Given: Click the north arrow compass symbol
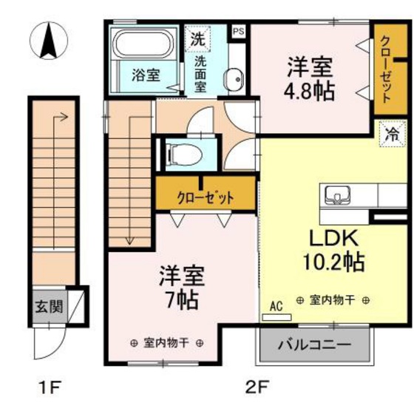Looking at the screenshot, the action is tap(49, 41).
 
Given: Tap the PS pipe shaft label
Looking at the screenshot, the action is tap(239, 31).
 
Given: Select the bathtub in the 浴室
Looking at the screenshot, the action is tap(143, 44).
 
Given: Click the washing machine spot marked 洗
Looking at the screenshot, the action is tap(198, 39).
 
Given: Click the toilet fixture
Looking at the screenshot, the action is tap(185, 155).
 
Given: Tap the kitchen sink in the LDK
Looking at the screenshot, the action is tap(337, 195).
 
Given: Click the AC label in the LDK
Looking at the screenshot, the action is tap(276, 306).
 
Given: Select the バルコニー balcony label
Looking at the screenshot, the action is tap(315, 345).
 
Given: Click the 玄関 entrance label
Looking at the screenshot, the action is tap(50, 307).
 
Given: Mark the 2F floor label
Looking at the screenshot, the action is tap(257, 387).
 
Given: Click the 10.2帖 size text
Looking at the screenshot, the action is tap(333, 262).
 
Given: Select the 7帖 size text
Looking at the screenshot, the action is tap(182, 300).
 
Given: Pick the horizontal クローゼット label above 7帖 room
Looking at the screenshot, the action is tap(206, 197).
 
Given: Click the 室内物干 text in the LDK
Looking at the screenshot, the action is tap(332, 300).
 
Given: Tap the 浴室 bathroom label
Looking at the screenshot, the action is tap(146, 75).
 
